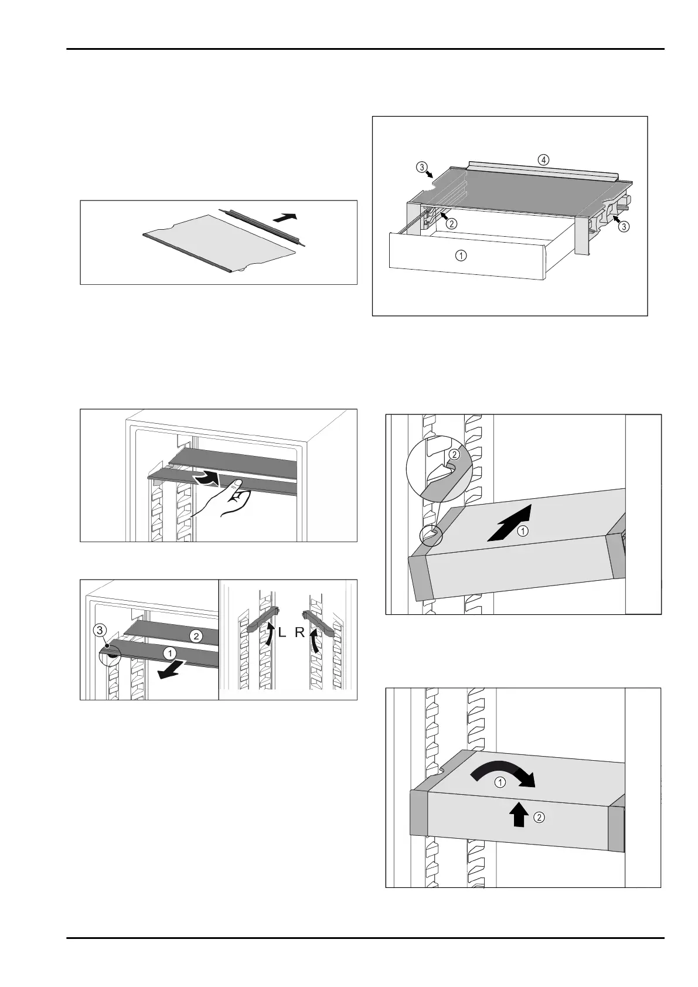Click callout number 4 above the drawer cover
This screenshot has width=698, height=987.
pyautogui.click(x=544, y=159)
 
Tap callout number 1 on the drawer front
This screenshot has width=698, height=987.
pyautogui.click(x=462, y=256)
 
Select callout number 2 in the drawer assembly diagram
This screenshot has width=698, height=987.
pyautogui.click(x=451, y=223)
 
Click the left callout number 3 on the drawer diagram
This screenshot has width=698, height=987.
pyautogui.click(x=421, y=167)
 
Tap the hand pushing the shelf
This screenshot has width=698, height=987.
pyautogui.click(x=225, y=498)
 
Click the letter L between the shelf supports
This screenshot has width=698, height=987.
pyautogui.click(x=282, y=634)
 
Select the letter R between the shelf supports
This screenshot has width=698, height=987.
pyautogui.click(x=299, y=634)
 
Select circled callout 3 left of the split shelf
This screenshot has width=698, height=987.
pyautogui.click(x=101, y=631)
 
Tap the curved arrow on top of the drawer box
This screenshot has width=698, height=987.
pyautogui.click(x=503, y=773)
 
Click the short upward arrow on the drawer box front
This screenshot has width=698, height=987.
pyautogui.click(x=517, y=814)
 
